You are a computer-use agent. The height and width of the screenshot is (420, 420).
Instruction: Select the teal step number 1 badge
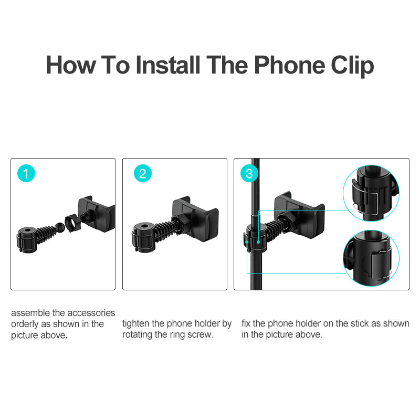(x=26, y=173)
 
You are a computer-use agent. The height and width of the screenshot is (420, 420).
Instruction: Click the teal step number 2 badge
(x=142, y=173)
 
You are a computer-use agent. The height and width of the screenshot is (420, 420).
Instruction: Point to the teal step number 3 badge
(x=249, y=173)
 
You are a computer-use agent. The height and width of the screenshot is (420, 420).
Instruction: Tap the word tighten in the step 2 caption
(x=136, y=324)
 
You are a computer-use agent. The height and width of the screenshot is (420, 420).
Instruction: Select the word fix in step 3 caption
(x=246, y=324)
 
